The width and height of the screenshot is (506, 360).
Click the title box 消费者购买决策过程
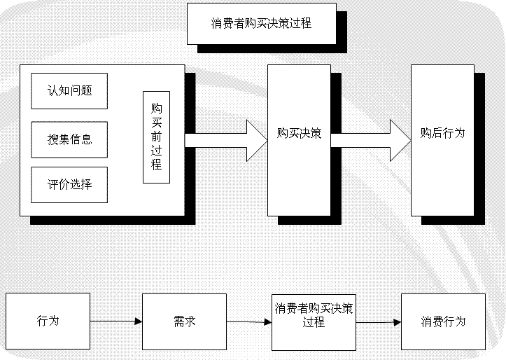pos(261,23)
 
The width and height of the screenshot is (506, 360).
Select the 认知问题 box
pos(69,90)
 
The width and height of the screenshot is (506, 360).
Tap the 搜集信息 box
pos(69,139)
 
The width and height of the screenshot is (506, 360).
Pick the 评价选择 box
pos(69,185)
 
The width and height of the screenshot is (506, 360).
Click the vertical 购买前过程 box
pos(156,137)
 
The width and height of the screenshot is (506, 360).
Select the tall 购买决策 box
pos(299,140)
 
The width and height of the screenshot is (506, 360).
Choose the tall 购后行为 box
pos(442,140)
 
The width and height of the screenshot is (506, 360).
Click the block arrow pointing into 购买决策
pos(226,140)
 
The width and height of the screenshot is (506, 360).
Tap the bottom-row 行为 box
pos(48,321)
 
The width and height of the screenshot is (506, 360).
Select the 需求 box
pos(184,321)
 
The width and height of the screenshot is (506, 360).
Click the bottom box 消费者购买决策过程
pos(314,321)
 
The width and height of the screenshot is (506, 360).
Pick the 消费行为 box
pos(443,321)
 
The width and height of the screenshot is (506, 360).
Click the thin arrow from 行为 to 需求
pos(116,321)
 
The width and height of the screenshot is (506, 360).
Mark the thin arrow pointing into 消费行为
pos(379,323)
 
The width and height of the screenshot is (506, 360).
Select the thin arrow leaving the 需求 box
pos(248,322)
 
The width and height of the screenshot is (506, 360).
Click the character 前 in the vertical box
pos(156,137)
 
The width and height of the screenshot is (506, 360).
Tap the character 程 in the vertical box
pos(156,165)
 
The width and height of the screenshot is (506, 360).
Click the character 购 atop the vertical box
pos(156,109)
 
